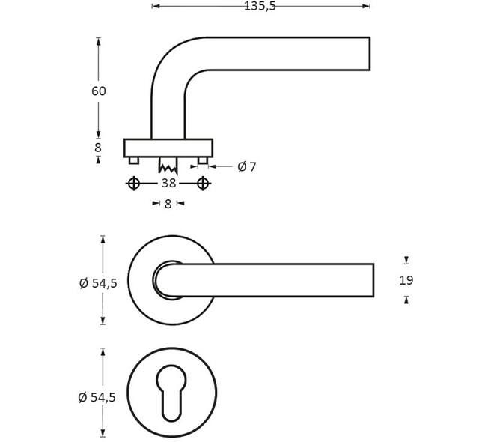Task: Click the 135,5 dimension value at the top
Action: tap(260, 6)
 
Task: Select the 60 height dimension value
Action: tap(99, 91)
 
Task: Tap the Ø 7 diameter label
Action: tap(247, 166)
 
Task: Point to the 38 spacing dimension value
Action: tap(168, 184)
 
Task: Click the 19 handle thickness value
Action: tap(406, 280)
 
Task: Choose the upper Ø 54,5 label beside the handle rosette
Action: tap(98, 283)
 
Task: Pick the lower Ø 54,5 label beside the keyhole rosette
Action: tap(97, 397)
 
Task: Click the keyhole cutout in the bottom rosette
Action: tap(171, 393)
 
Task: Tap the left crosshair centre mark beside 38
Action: tap(133, 184)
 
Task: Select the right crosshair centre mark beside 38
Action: tap(203, 184)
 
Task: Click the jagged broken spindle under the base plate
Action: tap(168, 166)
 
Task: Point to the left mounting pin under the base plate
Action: tap(133, 160)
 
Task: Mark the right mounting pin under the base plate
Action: tap(203, 160)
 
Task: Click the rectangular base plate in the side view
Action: tap(168, 148)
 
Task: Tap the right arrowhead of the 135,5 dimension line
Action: tap(367, 6)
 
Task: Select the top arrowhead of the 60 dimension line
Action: tap(99, 41)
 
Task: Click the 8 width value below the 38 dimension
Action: tap(168, 204)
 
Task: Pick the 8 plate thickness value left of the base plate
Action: tap(98, 148)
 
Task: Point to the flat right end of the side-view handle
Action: tap(370, 54)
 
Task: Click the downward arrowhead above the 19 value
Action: tap(406, 260)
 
